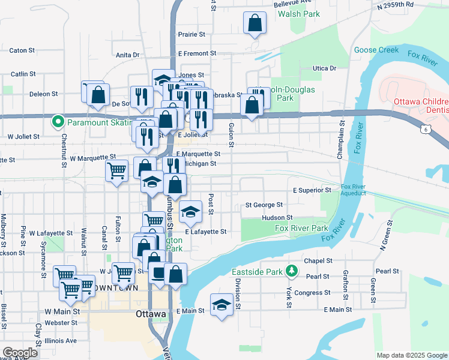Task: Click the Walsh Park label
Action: pyautogui.click(x=303, y=13)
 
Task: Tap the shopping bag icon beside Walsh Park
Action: pyautogui.click(x=255, y=23)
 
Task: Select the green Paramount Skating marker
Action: pyautogui.click(x=58, y=122)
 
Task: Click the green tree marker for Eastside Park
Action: pyautogui.click(x=291, y=271)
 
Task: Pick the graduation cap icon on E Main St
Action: pyautogui.click(x=221, y=304)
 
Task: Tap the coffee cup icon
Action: pyautogui.click(x=158, y=273)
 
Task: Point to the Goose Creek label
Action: pyautogui.click(x=376, y=50)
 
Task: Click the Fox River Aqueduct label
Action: pyautogui.click(x=354, y=190)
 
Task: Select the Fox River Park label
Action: pyautogui.click(x=301, y=229)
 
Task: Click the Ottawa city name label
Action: pyautogui.click(x=151, y=314)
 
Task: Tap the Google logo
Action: pyautogui.click(x=20, y=353)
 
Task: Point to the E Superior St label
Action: pyautogui.click(x=312, y=190)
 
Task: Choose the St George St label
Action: pyautogui.click(x=264, y=205)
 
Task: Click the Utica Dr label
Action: pyautogui.click(x=324, y=68)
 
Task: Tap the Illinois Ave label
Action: pyautogui.click(x=62, y=340)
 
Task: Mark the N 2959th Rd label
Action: pyautogui.click(x=396, y=4)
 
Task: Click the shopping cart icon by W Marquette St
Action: pyautogui.click(x=116, y=170)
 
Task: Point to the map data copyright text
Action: pyautogui.click(x=411, y=355)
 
